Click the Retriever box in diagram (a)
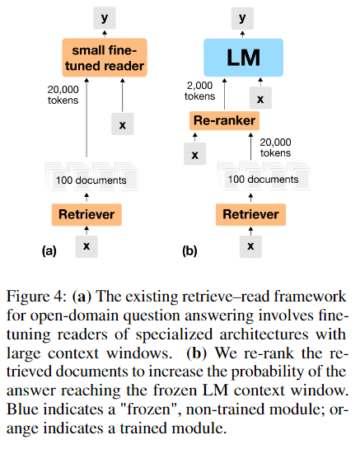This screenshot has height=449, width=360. [x=86, y=215]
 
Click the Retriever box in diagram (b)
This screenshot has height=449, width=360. [x=250, y=215]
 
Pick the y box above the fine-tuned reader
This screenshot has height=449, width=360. [x=102, y=16]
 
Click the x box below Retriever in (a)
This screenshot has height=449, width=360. [x=86, y=246]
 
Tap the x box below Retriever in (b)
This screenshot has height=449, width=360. [x=250, y=246]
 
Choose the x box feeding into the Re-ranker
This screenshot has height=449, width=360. [x=195, y=153]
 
